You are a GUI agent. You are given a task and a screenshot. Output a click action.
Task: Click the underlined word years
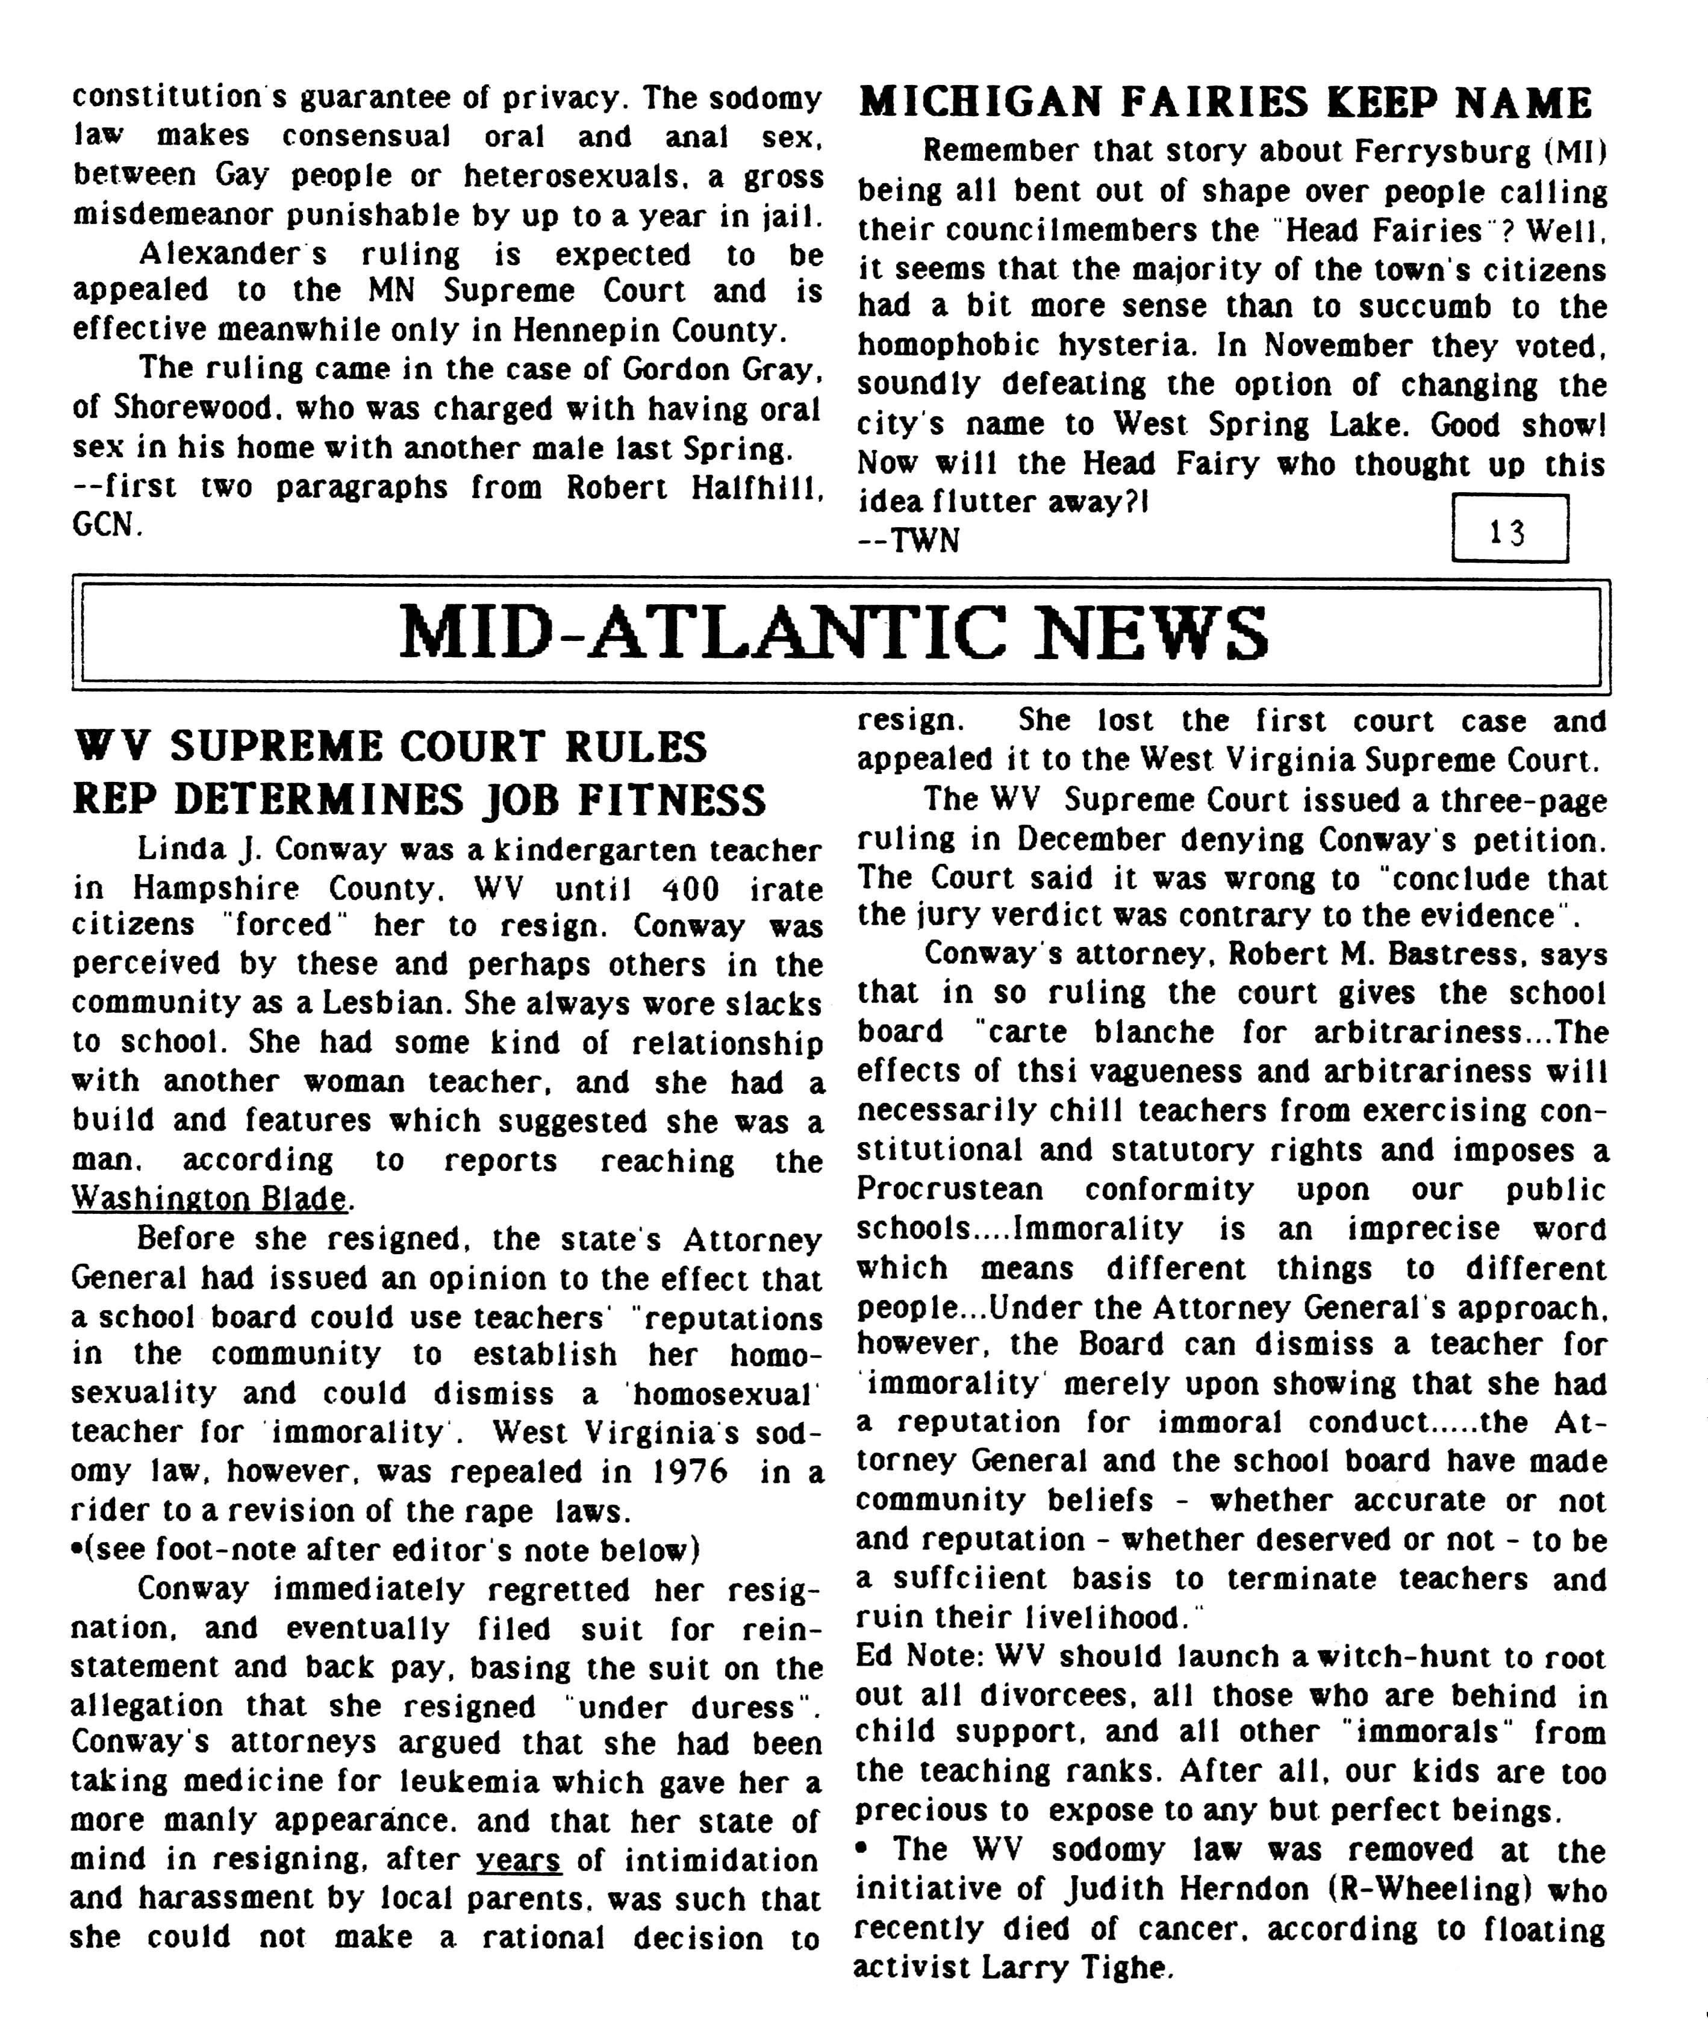click(519, 1860)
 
